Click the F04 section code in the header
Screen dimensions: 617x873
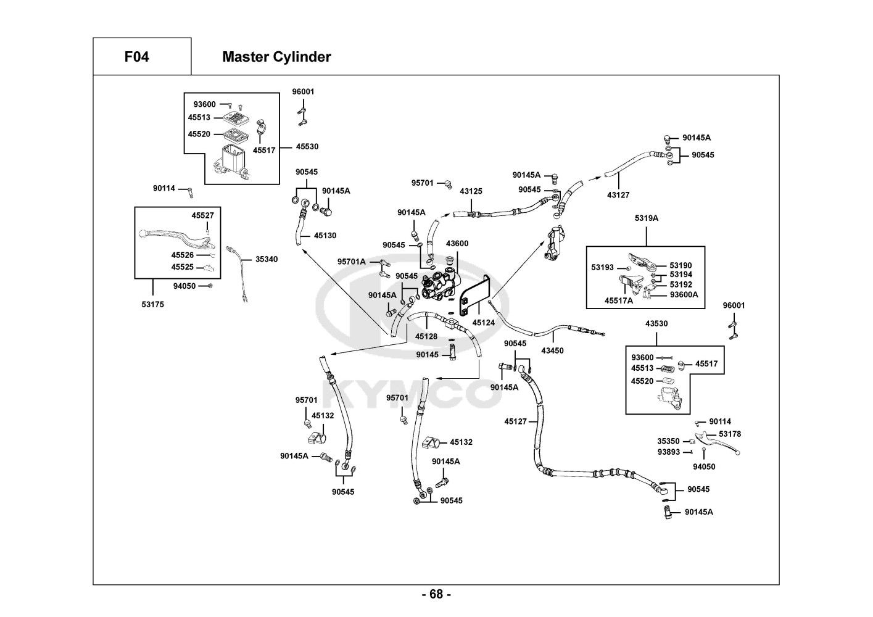(x=136, y=57)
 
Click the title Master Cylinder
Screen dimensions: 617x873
(x=276, y=57)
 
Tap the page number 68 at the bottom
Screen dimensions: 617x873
(x=436, y=594)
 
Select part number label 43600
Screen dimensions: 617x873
(x=457, y=244)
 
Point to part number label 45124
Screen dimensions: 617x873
(x=484, y=322)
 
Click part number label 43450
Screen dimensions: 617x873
(x=552, y=350)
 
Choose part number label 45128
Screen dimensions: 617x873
(x=426, y=336)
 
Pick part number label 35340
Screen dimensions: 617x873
(x=267, y=259)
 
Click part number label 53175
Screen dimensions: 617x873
(x=152, y=304)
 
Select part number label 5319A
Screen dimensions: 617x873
(x=647, y=218)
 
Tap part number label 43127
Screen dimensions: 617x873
(x=618, y=195)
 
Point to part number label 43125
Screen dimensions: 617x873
(x=471, y=191)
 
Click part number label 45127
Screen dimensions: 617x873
(x=516, y=421)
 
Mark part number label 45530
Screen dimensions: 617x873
(x=307, y=147)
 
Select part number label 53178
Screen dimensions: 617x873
(x=730, y=434)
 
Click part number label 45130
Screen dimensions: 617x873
(x=325, y=236)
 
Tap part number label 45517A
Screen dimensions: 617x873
(x=619, y=301)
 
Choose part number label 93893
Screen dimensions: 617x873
(x=668, y=452)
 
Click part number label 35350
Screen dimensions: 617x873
(x=668, y=441)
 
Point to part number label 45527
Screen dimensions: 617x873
(x=202, y=215)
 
